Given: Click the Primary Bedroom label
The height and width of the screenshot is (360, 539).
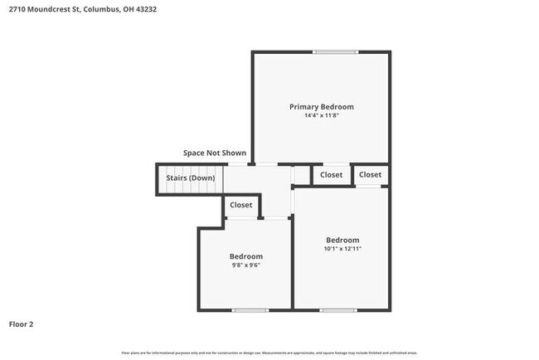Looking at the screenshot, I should coord(321,106).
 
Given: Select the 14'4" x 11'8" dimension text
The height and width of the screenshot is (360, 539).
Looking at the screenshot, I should coord(321,115).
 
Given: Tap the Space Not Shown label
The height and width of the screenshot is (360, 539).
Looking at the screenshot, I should coord(215,153).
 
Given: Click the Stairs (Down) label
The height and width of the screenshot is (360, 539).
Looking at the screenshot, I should coord(191,178).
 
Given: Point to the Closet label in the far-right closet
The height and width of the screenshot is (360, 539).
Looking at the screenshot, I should coord(370,174).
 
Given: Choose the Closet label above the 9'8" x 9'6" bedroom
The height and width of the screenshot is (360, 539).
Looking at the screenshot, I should coord(241,204).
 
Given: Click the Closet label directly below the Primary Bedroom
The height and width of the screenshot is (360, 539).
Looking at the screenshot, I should coord(331,174).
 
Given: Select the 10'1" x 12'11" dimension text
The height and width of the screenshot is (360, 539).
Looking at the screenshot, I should coord(342,248).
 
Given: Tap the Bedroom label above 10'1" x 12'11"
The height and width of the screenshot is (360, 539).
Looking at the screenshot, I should coord(342,239).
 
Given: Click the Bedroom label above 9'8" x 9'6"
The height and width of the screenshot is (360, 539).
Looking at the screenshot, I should coord(246,256).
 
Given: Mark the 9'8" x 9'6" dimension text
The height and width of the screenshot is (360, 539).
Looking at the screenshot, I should coord(246,265).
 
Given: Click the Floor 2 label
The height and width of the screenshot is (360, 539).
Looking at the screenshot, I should coord(22,324).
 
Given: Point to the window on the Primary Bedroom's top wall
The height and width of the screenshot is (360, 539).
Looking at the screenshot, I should coord(335,52).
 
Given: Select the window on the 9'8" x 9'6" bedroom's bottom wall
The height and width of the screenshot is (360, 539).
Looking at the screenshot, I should coord(250,310).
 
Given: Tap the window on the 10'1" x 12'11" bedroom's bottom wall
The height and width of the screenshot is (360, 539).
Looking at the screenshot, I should coord(337,310).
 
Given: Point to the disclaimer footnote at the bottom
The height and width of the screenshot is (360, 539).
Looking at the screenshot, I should coord(269,353).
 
